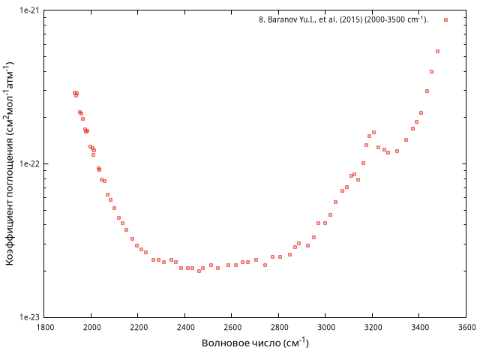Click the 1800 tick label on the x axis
click(x=45, y=327)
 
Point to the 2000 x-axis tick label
click(x=91, y=327)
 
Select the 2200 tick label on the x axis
click(x=139, y=327)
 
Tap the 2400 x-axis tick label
click(x=185, y=327)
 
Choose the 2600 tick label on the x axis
click(x=232, y=327)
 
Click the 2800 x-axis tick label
click(x=279, y=327)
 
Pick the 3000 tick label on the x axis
click(x=326, y=327)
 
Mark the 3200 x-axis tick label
click(x=373, y=327)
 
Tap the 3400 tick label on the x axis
click(x=420, y=327)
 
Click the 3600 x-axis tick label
click(x=466, y=327)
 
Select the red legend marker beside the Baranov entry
click(x=445, y=19)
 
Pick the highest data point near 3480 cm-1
click(x=438, y=51)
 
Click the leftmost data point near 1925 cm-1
click(x=74, y=92)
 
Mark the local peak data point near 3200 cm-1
click(x=373, y=132)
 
